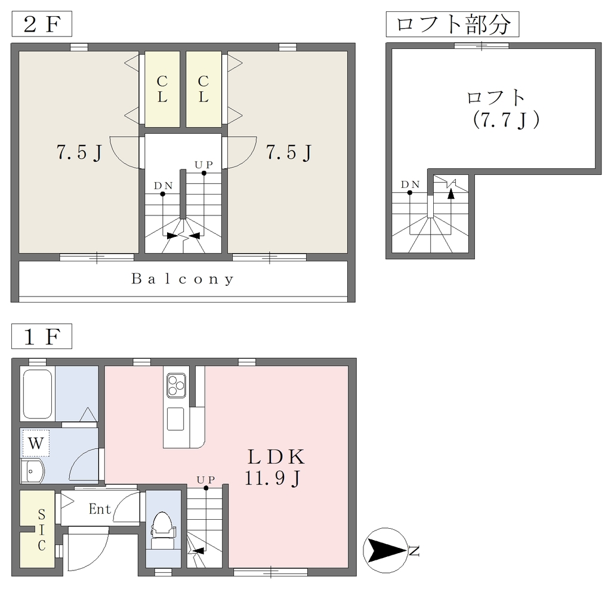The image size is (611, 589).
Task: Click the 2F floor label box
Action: tap(42, 24)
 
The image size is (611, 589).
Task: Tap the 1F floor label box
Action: tap(42, 337)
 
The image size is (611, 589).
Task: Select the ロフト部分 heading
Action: tap(452, 24)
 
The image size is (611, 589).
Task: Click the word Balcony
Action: tap(183, 279)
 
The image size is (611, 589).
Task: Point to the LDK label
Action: tap(276, 457)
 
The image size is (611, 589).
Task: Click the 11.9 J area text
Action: tap(273, 479)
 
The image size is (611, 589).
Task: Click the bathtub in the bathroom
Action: tap(38, 394)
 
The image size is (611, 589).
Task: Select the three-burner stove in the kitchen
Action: tap(176, 385)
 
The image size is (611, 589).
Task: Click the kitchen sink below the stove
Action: tap(175, 419)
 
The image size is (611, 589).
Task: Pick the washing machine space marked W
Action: tap(36, 443)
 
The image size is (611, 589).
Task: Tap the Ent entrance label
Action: tap(100, 508)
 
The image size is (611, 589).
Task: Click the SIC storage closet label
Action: tap(41, 530)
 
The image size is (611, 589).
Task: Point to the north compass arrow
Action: tap(385, 550)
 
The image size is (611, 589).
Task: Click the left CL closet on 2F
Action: tap(162, 89)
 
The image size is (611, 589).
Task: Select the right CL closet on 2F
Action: tap(203, 89)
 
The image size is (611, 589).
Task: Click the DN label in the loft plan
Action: tap(411, 184)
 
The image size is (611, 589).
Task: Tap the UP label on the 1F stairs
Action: tap(205, 479)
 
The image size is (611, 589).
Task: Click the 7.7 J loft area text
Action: tap(506, 120)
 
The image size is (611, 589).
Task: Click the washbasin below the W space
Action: tap(33, 471)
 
